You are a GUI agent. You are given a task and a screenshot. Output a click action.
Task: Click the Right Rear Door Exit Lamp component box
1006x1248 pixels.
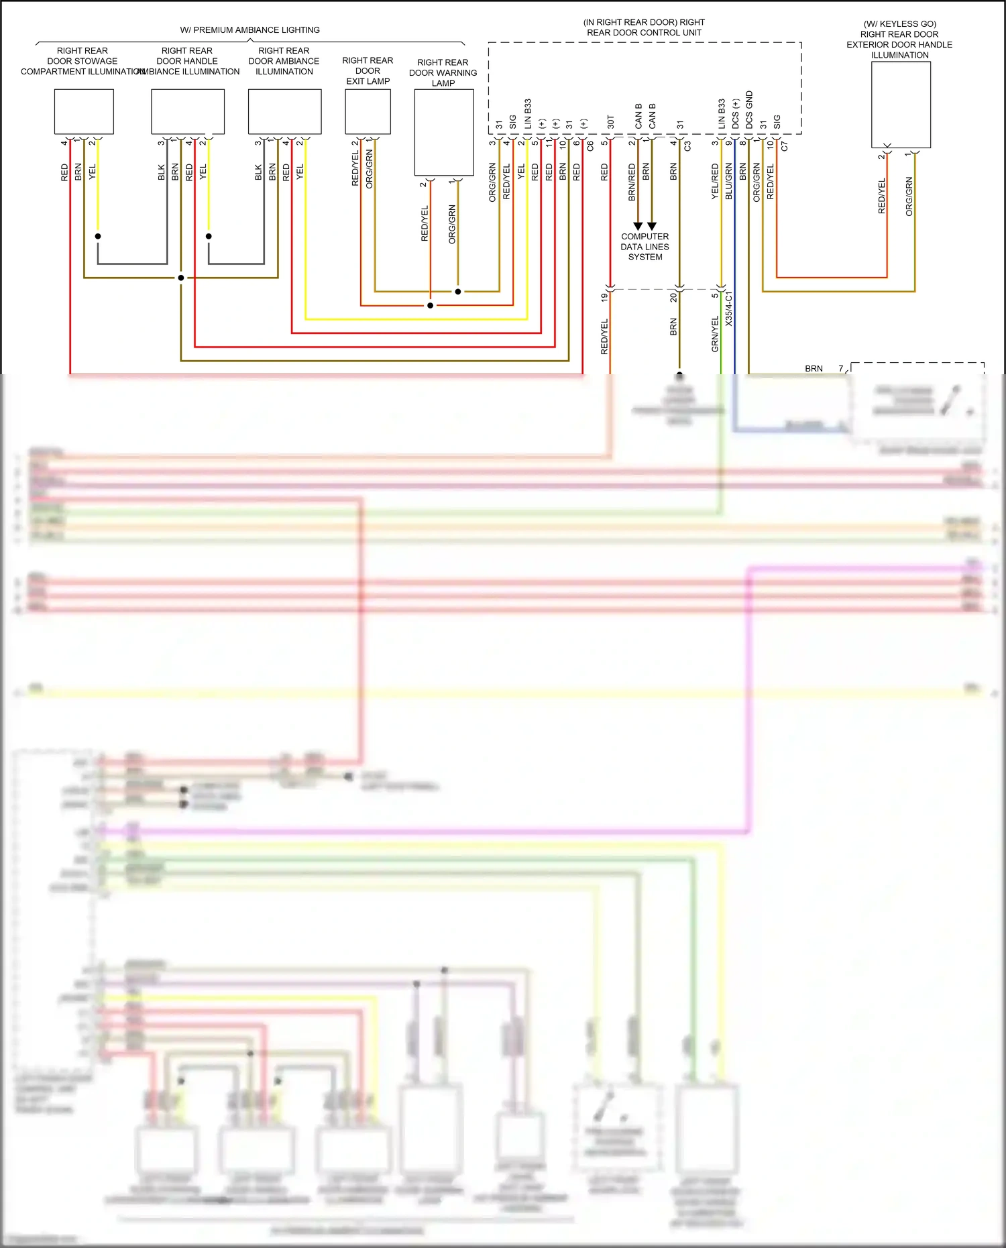pyautogui.click(x=368, y=111)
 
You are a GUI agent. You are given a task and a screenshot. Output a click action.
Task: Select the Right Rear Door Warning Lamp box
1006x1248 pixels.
pyautogui.click(x=443, y=132)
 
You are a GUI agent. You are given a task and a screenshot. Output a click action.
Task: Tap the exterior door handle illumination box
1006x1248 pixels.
pyautogui.click(x=900, y=105)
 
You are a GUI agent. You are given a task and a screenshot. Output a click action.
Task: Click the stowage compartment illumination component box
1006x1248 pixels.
pyautogui.click(x=84, y=111)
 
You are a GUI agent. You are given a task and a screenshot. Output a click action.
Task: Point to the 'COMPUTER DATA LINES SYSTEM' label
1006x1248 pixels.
pyautogui.click(x=645, y=247)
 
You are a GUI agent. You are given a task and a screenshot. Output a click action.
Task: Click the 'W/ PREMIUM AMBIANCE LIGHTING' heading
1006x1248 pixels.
pyautogui.click(x=249, y=30)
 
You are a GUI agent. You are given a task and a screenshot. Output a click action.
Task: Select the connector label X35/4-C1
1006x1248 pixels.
pyautogui.click(x=729, y=308)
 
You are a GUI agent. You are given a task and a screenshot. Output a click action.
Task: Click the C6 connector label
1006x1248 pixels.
pyautogui.click(x=590, y=146)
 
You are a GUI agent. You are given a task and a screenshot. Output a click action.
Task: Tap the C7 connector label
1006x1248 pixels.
pyautogui.click(x=785, y=146)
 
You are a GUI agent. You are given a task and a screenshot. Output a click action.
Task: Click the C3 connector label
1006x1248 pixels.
pyautogui.click(x=687, y=146)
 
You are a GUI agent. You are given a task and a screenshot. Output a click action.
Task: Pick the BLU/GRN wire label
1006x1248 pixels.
pyautogui.click(x=729, y=181)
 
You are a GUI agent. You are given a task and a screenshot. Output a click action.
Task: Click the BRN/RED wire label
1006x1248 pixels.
pyautogui.click(x=632, y=182)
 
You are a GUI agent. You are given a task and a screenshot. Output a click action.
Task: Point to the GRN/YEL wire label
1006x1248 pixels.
pyautogui.click(x=715, y=334)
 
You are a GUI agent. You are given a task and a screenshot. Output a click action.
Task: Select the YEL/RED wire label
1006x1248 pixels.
pyautogui.click(x=715, y=181)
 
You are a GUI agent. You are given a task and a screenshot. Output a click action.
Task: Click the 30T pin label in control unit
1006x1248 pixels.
pyautogui.click(x=610, y=122)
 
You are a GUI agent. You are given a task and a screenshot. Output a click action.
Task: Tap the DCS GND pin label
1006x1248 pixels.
pyautogui.click(x=749, y=110)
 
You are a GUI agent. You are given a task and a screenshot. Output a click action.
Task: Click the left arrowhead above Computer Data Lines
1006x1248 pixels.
pyautogui.click(x=638, y=226)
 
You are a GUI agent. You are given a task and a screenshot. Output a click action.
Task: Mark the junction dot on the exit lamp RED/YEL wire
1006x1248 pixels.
pyautogui.click(x=430, y=305)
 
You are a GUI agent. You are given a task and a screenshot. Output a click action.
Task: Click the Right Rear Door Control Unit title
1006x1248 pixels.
pyautogui.click(x=644, y=27)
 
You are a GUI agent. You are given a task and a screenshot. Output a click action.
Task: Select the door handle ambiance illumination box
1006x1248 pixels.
pyautogui.click(x=188, y=111)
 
